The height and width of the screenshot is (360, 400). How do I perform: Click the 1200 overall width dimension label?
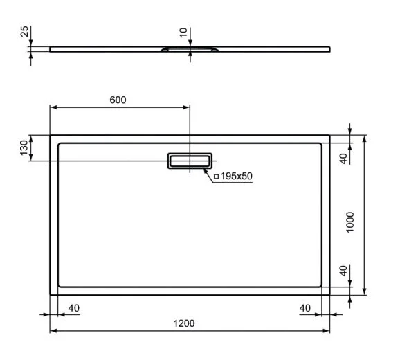click(x=183, y=323)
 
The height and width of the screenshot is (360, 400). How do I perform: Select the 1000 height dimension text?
click(x=351, y=222)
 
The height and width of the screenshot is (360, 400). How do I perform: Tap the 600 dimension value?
click(x=118, y=100)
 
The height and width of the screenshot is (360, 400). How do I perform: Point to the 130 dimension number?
click(x=24, y=147)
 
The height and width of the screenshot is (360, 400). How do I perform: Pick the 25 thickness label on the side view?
click(x=24, y=33)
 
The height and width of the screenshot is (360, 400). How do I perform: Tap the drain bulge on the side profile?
click(x=189, y=50)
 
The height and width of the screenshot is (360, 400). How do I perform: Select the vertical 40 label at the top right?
click(x=342, y=157)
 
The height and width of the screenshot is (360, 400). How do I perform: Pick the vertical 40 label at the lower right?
click(x=342, y=271)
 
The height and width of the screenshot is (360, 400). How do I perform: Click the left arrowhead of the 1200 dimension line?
click(x=53, y=331)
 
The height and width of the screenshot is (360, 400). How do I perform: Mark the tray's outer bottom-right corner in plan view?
click(x=329, y=294)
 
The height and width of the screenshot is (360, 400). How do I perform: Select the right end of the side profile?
click(x=329, y=48)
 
